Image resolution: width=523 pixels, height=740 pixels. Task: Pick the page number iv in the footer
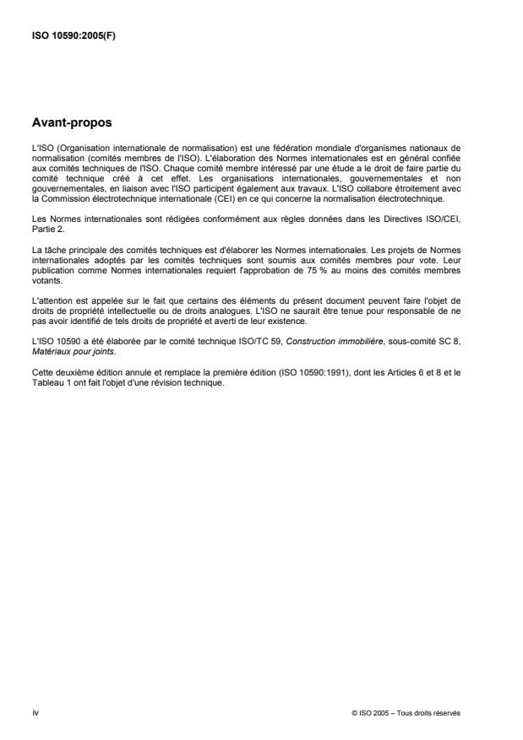pos(35,712)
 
